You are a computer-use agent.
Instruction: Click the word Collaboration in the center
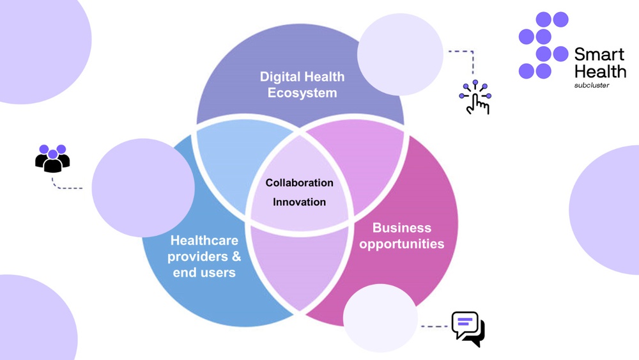point(299,183)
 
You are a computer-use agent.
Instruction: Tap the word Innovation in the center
point(299,202)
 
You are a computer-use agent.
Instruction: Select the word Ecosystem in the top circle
point(302,93)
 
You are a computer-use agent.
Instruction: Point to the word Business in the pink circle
point(401,228)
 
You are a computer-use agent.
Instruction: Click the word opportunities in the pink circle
point(401,244)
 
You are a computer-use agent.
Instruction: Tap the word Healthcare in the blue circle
point(204,240)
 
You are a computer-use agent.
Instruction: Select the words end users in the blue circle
point(204,272)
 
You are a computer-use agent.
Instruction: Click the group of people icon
point(52,158)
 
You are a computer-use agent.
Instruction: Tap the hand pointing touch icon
point(475,98)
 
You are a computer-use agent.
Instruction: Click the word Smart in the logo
point(599,54)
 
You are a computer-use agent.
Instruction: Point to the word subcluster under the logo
point(591,84)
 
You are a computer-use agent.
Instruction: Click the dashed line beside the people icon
point(67,187)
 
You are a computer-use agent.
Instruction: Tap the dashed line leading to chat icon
point(435,326)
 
